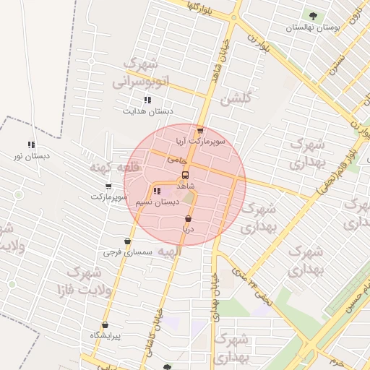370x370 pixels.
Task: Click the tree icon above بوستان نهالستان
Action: [311, 14]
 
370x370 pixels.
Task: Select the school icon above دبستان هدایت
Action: [147, 100]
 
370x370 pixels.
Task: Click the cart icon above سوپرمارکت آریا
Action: [200, 131]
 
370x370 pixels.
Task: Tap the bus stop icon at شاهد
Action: [186, 175]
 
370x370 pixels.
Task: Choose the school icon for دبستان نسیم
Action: [157, 191]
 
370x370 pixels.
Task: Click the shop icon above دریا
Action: [188, 218]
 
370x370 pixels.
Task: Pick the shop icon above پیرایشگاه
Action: [106, 325]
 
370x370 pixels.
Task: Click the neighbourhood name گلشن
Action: [235, 98]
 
